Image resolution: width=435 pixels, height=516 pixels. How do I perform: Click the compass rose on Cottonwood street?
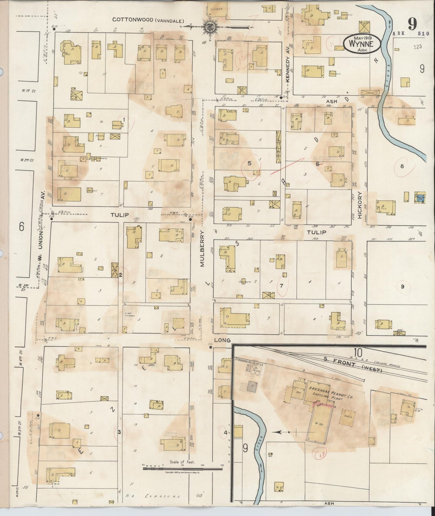pos(208,27)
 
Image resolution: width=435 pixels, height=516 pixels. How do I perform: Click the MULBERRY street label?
pos(202,249)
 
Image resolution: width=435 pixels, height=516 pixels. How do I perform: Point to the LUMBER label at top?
pos(216,9)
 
